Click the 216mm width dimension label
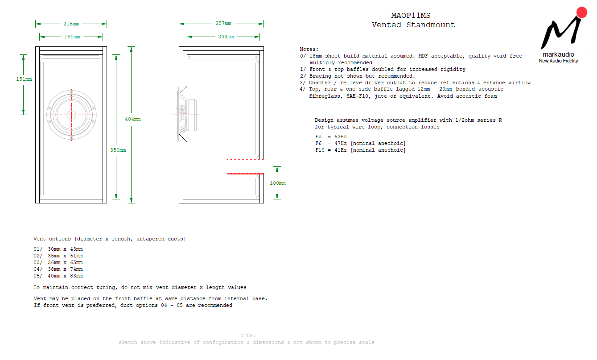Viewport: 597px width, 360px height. point(71,24)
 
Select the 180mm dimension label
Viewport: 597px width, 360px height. point(72,37)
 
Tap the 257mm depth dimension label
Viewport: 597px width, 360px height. point(223,24)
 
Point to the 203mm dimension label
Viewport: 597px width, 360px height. point(226,37)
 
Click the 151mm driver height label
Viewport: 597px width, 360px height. point(24,79)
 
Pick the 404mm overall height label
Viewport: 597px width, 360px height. point(133,119)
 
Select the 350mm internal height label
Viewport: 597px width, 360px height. point(118,150)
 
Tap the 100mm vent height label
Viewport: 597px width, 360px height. point(277,183)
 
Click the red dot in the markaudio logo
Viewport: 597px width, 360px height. point(581,12)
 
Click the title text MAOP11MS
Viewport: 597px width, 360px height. point(411,16)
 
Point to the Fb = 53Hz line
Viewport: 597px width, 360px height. point(331,137)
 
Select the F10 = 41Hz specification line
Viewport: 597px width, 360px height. point(360,150)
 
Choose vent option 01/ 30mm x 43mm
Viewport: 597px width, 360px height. point(58,249)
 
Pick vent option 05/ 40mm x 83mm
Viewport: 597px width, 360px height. point(58,276)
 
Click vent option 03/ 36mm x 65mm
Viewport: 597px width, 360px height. point(58,262)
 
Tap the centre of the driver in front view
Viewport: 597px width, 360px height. point(71,115)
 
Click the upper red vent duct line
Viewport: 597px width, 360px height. point(246,159)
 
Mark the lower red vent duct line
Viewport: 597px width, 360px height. point(246,174)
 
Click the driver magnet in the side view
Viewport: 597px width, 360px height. point(192,115)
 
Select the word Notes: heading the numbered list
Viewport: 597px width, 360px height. point(309,49)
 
